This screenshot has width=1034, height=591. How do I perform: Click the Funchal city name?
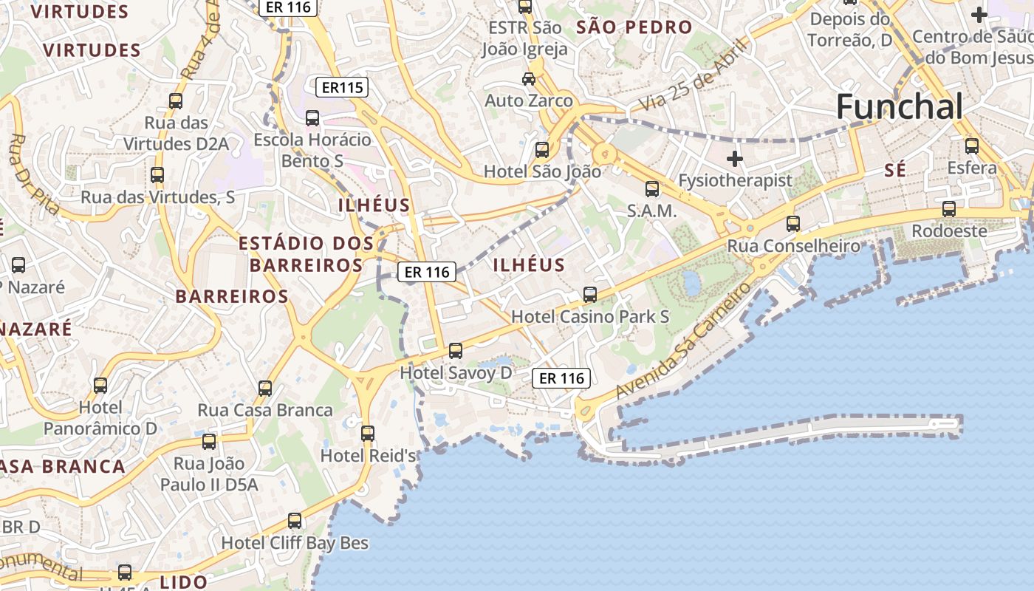[x=900, y=108]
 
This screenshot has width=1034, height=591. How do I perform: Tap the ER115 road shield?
[x=343, y=88]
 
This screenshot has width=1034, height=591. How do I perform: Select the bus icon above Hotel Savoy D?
[x=456, y=350]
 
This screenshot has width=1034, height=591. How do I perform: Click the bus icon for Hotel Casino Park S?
[x=590, y=294]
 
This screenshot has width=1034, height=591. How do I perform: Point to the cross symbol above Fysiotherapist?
[x=734, y=158]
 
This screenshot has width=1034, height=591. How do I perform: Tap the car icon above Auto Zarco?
[x=529, y=78]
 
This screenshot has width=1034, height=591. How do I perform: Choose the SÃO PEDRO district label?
[x=634, y=28]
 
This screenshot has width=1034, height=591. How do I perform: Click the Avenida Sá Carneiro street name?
[x=683, y=341]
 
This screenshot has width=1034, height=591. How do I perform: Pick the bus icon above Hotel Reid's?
[x=368, y=433]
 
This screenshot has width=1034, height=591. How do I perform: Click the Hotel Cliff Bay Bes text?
[x=295, y=543]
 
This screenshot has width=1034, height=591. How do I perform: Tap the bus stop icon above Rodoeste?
[x=949, y=209]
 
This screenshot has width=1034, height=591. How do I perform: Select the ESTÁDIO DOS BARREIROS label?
[x=306, y=253]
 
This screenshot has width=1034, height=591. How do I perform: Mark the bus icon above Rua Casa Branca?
[x=265, y=388]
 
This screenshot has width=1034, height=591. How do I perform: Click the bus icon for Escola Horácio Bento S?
[x=312, y=117]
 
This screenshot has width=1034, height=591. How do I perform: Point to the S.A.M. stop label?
[x=651, y=211]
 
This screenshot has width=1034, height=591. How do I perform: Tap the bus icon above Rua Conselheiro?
[x=793, y=222]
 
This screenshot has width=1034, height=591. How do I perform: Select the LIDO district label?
[x=183, y=582]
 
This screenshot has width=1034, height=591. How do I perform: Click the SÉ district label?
[x=894, y=171]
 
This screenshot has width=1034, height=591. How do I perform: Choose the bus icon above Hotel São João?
[x=542, y=149]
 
